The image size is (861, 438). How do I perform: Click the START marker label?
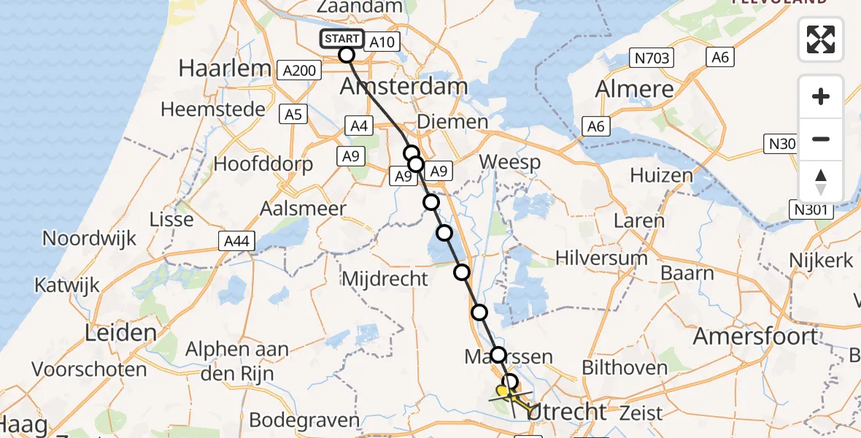341,39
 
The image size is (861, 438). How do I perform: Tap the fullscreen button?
821,39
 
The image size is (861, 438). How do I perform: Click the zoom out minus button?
821,139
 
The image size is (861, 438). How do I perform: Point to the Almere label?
635,89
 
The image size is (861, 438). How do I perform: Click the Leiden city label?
121,334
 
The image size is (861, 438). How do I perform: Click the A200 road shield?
299,70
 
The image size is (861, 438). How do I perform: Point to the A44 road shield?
236,241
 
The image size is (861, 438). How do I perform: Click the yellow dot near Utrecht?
502,391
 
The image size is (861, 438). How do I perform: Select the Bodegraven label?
304,420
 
